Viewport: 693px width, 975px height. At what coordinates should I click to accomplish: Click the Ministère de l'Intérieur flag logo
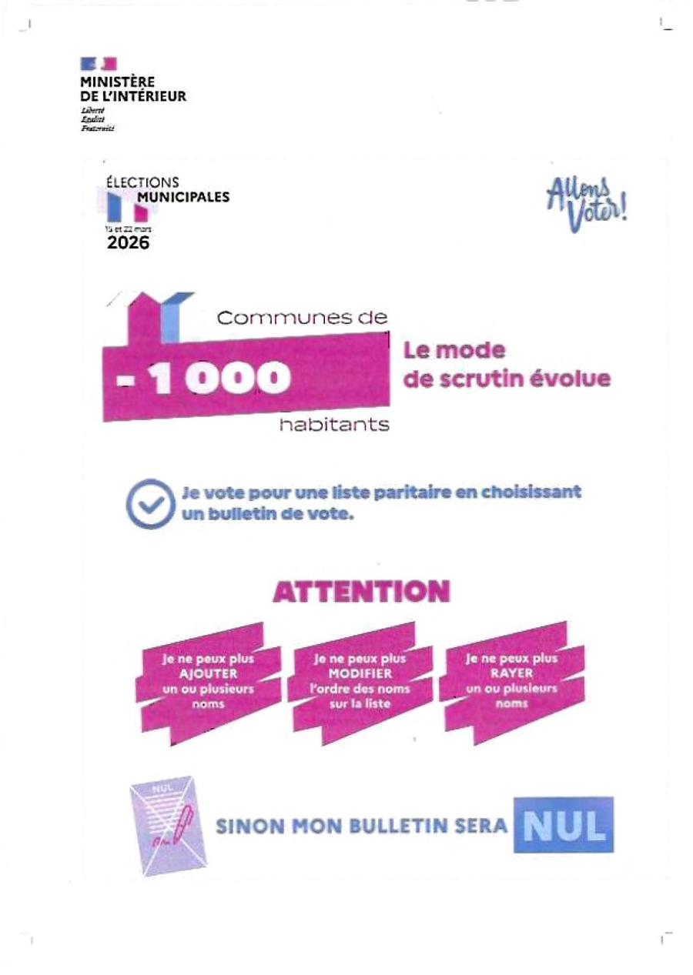[99, 63]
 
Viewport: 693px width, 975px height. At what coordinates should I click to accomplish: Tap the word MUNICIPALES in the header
[182, 197]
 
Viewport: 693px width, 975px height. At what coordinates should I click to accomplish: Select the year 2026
[128, 244]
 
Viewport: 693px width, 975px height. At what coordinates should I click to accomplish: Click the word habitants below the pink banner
[333, 424]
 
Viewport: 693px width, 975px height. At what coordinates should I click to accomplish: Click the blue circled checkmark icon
[147, 503]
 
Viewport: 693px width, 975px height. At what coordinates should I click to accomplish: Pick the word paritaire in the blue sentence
[402, 492]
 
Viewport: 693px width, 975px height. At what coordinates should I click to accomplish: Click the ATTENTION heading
[361, 592]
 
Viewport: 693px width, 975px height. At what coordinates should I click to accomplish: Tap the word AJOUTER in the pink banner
[207, 674]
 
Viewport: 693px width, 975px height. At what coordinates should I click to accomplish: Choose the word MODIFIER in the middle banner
[360, 674]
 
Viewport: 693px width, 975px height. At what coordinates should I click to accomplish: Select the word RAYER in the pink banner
[511, 674]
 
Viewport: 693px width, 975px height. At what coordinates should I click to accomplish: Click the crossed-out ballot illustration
[167, 828]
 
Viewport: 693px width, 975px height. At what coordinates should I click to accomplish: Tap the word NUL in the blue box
[564, 825]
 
